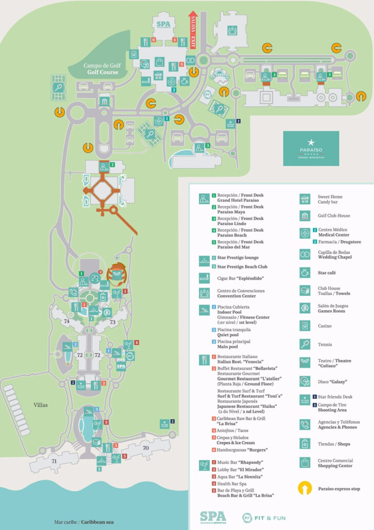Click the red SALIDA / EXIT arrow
[x=193, y=29]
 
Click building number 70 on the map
[x=146, y=447]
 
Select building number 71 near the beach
[x=54, y=462]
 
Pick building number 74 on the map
[x=66, y=321]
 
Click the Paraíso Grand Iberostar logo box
[x=311, y=148]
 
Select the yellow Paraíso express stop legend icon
[x=306, y=488]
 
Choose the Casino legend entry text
[x=325, y=326]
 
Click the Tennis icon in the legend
[x=306, y=344]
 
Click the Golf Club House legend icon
[x=306, y=216]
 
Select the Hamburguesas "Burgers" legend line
[x=242, y=450]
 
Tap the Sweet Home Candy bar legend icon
[x=306, y=198]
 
